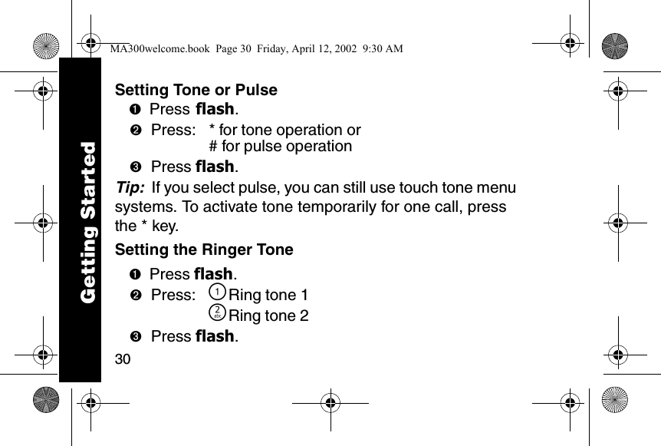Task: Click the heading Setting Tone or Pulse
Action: [x=196, y=90]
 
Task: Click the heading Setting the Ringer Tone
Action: [x=203, y=249]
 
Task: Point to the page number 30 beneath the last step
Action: [x=123, y=359]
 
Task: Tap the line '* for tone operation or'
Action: [x=279, y=130]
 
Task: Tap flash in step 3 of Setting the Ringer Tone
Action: [x=215, y=336]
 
